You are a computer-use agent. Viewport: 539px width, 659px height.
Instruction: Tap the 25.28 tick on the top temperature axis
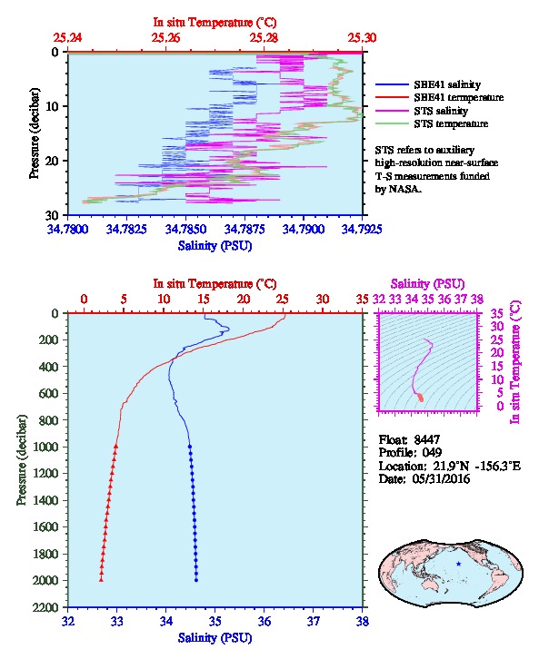pyautogui.click(x=264, y=38)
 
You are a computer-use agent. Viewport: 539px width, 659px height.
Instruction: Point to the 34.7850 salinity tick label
pyautogui.click(x=185, y=229)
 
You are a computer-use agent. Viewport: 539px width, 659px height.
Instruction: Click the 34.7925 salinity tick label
pyautogui.click(x=362, y=229)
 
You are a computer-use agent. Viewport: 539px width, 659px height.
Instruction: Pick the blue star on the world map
pyautogui.click(x=459, y=564)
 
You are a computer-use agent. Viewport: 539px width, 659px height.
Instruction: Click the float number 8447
pyautogui.click(x=427, y=439)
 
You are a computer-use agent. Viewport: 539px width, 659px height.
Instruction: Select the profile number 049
pyautogui.click(x=432, y=452)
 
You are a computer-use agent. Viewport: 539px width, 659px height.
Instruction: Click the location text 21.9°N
pyautogui.click(x=449, y=466)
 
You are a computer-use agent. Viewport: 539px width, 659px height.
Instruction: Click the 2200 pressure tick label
pyautogui.click(x=46, y=607)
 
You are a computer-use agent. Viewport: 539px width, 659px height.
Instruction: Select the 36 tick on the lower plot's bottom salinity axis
pyautogui.click(x=265, y=621)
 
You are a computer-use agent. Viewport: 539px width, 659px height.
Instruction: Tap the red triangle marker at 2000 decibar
pyautogui.click(x=101, y=580)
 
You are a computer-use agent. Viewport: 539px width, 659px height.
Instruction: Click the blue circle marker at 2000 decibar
pyautogui.click(x=196, y=580)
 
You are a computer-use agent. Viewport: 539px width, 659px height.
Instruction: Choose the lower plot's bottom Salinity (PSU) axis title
pyautogui.click(x=215, y=638)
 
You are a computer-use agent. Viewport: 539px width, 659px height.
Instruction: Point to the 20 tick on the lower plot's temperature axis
pyautogui.click(x=244, y=300)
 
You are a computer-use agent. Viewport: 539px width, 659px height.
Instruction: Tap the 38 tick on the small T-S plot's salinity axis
pyautogui.click(x=476, y=300)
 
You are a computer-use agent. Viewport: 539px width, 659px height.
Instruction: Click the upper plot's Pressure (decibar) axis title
pyautogui.click(x=34, y=133)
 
